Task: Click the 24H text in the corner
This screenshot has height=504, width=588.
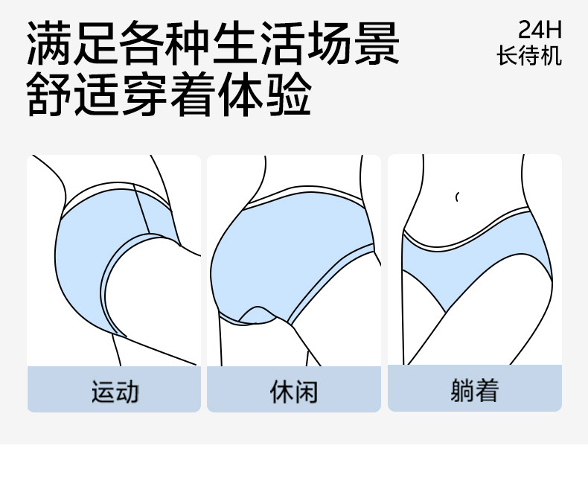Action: pos(540,31)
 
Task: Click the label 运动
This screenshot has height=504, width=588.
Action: pos(115,390)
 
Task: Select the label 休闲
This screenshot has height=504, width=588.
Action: pos(293,390)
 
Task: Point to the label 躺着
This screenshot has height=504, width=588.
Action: pos(474,390)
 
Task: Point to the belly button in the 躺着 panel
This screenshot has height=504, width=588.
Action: pos(457,197)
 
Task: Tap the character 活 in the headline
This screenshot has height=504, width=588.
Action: pos(283,45)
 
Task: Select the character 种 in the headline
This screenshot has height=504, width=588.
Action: pos(190,45)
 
